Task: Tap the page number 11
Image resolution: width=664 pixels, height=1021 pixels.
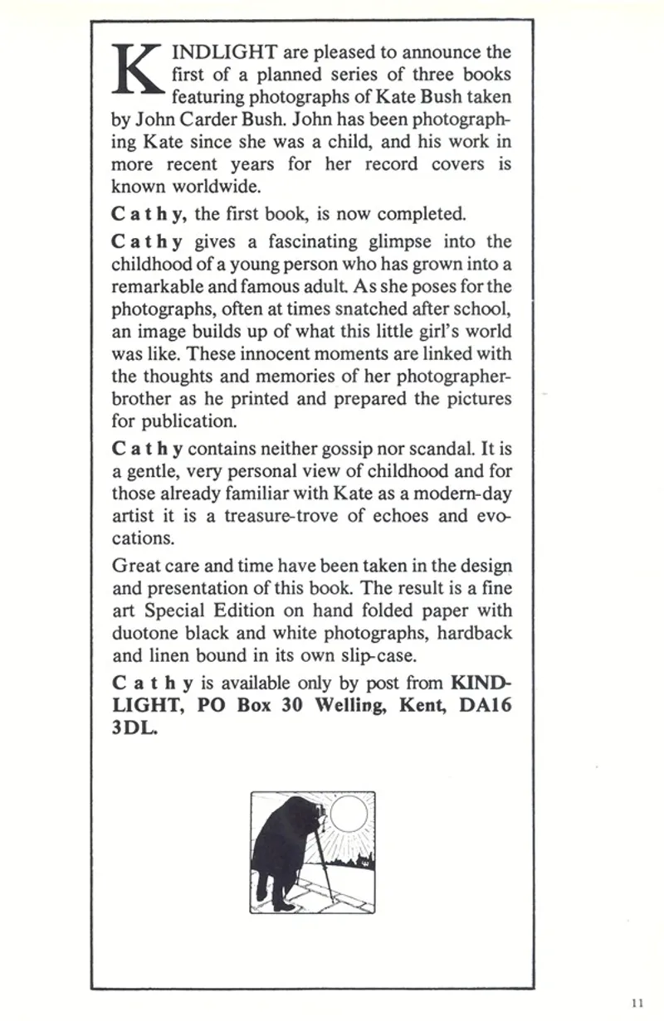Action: (637, 1002)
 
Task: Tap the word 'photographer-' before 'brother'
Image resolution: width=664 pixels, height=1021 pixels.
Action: (447, 377)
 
